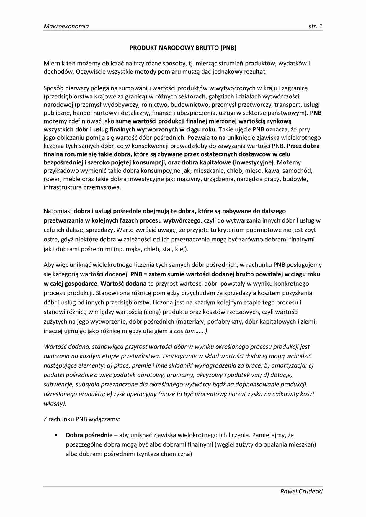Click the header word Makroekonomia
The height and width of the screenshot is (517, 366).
tap(66, 26)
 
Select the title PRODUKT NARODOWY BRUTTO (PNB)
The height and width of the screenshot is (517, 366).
tap(183, 48)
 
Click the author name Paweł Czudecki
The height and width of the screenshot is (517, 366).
tap(301, 491)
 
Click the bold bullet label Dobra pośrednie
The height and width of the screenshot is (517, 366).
tap(89, 435)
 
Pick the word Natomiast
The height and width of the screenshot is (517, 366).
tap(58, 211)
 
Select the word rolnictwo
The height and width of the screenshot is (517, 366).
tap(155, 104)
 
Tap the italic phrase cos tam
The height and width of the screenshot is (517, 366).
tap(184, 331)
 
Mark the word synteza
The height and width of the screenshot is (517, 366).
tap(147, 454)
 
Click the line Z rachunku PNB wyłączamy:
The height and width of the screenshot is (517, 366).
tap(82, 419)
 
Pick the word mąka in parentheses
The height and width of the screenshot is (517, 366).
tap(135, 249)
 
